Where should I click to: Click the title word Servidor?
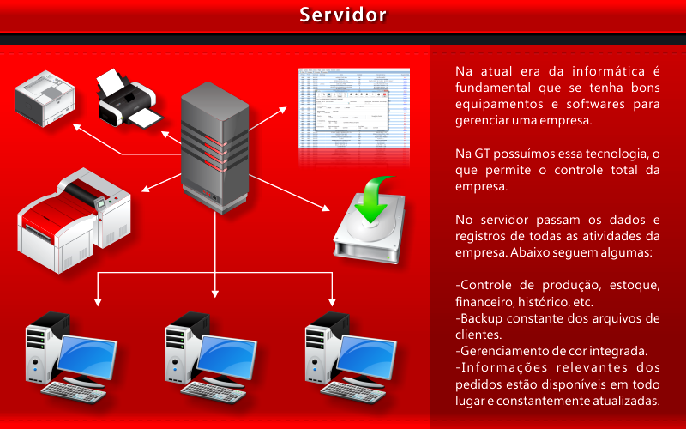click(x=343, y=15)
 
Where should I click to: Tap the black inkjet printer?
click(x=126, y=100)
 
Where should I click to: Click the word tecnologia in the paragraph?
click(x=610, y=154)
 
